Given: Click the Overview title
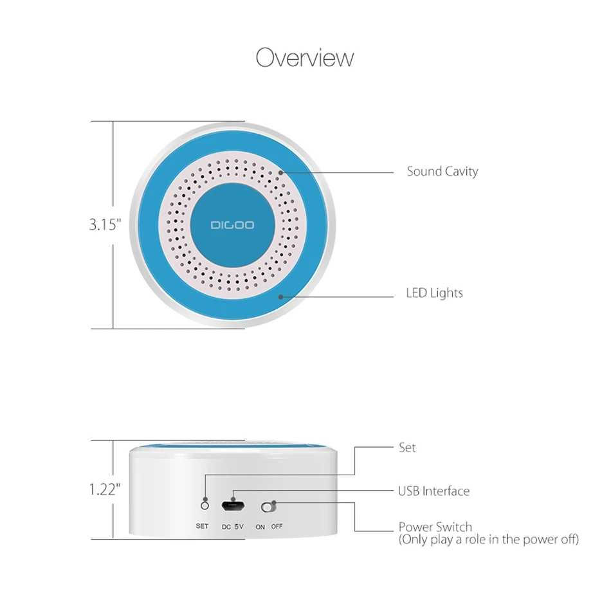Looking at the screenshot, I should point(305,58).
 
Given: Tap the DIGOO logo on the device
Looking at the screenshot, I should point(232,226).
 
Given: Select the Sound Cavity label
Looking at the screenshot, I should point(442,172).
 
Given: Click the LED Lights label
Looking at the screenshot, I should point(434,293).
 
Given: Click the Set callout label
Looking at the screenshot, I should point(407,448).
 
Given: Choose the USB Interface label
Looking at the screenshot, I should point(433,491).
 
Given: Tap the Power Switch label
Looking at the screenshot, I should point(435,527).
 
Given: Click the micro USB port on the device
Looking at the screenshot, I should point(232,506).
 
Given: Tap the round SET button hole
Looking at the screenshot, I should point(205,499).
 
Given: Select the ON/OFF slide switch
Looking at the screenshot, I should point(269,507).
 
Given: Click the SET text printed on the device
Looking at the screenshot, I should point(202,526).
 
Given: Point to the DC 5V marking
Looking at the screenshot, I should point(233,527).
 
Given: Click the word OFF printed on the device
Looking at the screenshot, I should point(277,526).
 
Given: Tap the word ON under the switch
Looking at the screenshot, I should point(260,526).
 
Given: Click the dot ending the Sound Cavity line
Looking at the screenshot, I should point(282,172).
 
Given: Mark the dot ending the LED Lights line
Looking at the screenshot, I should point(281,296).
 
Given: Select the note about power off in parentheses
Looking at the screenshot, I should point(488,540).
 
